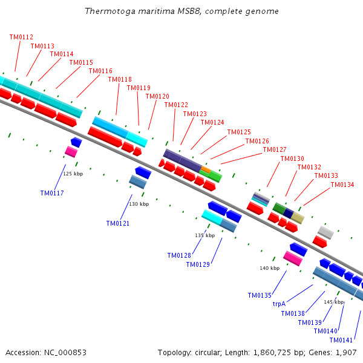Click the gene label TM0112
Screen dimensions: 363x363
coord(21,37)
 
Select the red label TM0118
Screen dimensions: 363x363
coord(120,79)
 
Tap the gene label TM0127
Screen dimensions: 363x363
coord(275,149)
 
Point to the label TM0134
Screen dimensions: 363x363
coord(342,185)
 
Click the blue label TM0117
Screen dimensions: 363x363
coord(52,194)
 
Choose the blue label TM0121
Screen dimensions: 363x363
coord(118,224)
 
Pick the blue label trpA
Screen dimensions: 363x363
coord(279,304)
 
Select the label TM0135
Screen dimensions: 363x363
coord(259,296)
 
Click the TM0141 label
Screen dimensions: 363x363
coord(341,340)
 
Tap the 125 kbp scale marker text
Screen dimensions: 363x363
coord(73,174)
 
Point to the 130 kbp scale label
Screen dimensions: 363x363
coord(139,204)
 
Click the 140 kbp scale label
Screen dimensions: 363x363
coord(269,268)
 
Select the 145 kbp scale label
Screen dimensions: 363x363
coord(333,302)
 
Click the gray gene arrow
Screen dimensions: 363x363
coord(325,232)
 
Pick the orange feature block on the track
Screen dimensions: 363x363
coord(205,171)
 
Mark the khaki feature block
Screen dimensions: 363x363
coord(297,218)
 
